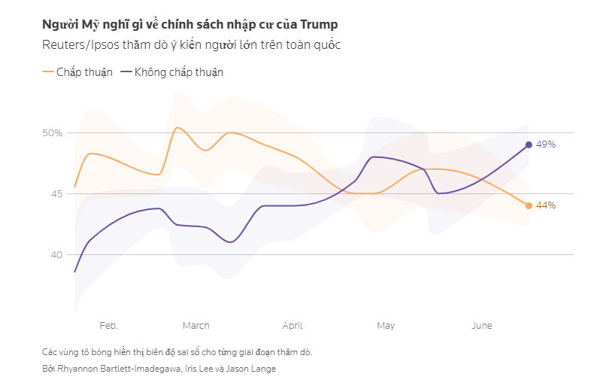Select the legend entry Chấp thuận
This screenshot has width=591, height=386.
84,72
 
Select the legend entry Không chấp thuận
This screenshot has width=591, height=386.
178,72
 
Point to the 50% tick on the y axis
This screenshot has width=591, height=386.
53,133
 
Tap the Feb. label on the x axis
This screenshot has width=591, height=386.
108,326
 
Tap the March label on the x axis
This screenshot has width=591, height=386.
195,326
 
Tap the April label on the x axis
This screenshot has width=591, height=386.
292,326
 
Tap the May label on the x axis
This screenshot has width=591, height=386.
386,326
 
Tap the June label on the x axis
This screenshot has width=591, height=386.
481,326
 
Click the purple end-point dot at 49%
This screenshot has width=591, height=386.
529,144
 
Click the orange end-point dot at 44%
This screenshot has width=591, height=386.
529,205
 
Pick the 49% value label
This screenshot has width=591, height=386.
546,144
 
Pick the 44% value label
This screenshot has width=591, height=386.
546,205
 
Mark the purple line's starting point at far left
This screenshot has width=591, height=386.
74,272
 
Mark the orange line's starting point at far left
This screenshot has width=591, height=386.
74,187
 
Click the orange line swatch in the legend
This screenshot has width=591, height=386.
48,72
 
